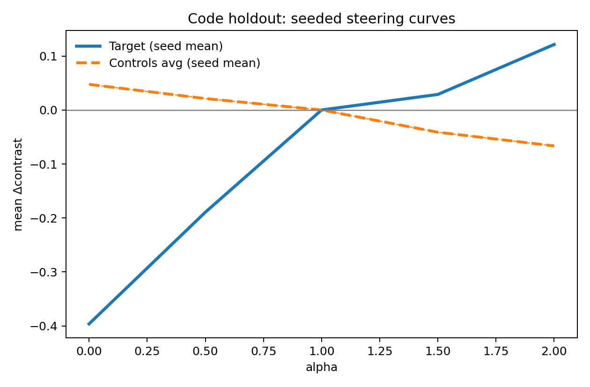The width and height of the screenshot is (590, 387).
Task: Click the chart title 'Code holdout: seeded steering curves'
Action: (x=321, y=19)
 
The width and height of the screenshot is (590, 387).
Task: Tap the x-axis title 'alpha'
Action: (x=321, y=368)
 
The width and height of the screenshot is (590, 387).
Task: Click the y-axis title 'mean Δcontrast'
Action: (x=18, y=184)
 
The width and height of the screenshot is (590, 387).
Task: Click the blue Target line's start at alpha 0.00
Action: (x=89, y=324)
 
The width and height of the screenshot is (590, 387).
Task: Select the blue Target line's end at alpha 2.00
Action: (x=554, y=44)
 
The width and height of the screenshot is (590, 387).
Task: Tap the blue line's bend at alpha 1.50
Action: (x=438, y=94)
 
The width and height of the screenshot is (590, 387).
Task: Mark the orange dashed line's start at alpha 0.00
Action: (x=89, y=84)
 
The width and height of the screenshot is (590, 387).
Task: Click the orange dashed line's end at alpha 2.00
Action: (x=554, y=146)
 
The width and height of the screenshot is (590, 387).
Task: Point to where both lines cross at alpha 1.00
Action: (x=321, y=110)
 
